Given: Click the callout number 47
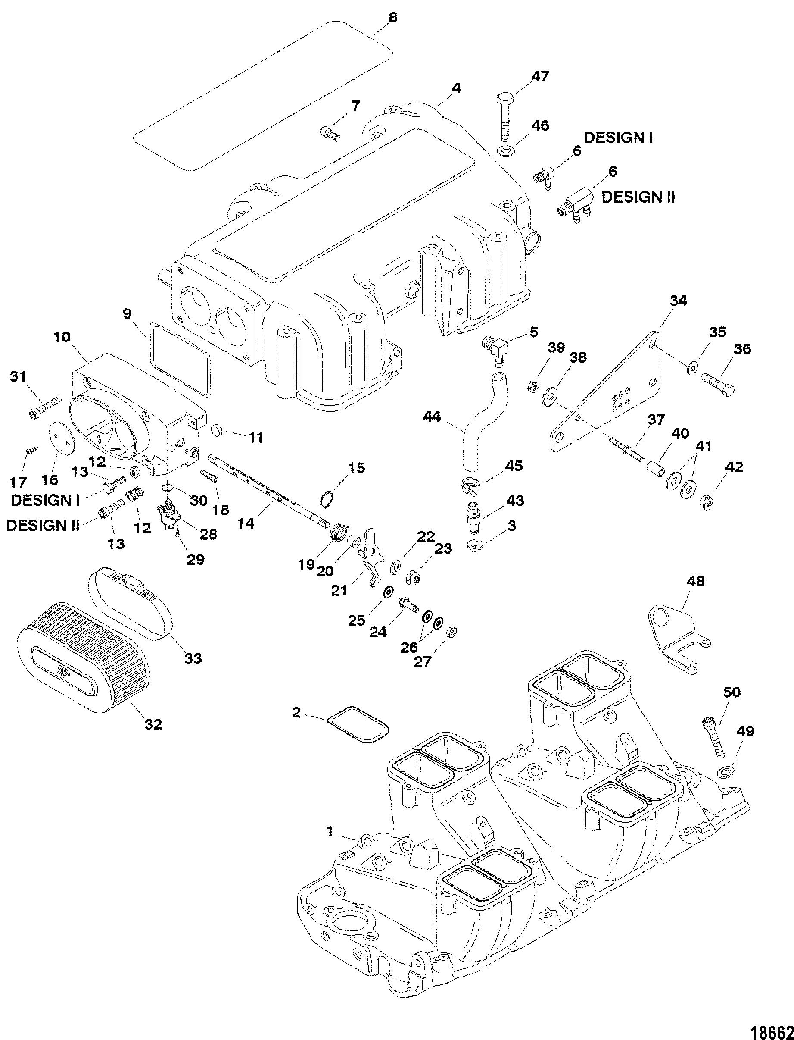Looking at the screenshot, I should [x=540, y=77].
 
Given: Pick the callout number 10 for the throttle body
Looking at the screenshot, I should [x=62, y=337].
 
